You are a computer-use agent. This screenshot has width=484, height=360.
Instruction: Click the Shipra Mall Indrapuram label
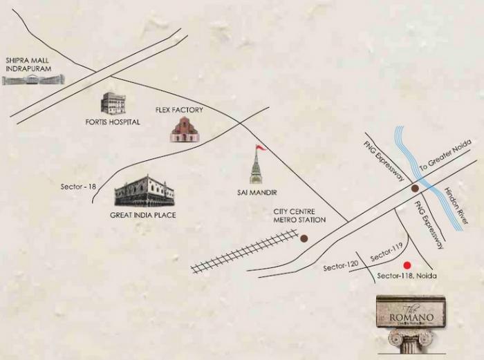coord(29,65)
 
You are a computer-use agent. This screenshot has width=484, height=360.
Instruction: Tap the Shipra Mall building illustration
coord(32,80)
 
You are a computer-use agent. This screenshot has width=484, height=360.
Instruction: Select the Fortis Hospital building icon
coord(113,103)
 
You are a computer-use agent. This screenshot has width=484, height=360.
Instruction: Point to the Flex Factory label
coord(178,110)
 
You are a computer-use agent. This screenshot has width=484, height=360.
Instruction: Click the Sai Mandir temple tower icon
coord(256,169)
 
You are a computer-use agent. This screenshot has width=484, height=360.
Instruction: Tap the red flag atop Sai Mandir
coord(261,148)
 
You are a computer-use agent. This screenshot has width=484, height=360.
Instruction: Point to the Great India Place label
coord(143,215)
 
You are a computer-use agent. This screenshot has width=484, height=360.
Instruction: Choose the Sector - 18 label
coord(78,187)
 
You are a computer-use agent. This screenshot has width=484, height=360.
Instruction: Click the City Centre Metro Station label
coord(299,216)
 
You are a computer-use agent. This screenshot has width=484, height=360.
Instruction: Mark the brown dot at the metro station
coord(304,238)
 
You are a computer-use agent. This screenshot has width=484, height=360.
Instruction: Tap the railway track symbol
coord(244,252)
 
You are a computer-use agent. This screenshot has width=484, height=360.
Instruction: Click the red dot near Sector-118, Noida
coord(407,265)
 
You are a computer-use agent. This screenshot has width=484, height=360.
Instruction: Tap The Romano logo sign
coord(411,312)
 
